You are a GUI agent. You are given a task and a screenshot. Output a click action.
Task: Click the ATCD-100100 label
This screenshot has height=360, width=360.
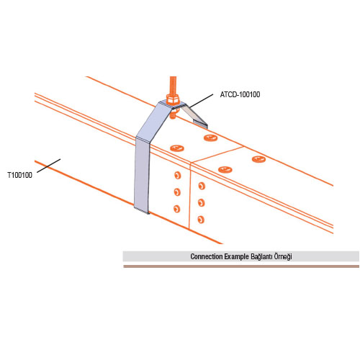coord(240,94)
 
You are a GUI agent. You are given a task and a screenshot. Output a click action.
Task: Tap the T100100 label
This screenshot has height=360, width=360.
coord(20,175)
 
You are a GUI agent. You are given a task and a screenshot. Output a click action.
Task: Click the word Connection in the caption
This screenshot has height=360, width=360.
coord(207,256)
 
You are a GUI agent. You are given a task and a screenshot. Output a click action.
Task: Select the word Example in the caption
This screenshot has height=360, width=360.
coord(237,256)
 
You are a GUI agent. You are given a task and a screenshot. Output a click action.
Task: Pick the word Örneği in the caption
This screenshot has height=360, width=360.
coord(283,256)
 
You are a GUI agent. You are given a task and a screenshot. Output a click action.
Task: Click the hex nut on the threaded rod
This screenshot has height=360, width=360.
coord(173,99)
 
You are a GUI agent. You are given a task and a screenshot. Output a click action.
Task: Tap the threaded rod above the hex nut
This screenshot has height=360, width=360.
coord(173,86)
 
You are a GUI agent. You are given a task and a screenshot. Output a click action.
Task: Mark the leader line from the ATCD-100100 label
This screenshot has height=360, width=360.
coord(199,101)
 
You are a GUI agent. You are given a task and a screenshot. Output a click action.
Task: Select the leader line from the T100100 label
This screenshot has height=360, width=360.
coord(49,166)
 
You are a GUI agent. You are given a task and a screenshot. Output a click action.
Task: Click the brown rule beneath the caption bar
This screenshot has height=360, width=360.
coord(241,266)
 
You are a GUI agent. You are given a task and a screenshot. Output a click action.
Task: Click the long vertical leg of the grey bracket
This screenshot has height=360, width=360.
coord(142,175)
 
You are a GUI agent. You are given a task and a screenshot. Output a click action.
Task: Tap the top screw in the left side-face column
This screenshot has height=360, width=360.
coord(177,176)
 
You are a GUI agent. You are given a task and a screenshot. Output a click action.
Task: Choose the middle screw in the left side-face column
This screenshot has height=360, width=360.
coord(177,192)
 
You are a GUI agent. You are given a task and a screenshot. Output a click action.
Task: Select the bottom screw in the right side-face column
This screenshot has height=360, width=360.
coord(201,220)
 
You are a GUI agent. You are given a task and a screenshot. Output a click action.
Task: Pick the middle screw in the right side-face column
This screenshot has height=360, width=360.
coord(201,203)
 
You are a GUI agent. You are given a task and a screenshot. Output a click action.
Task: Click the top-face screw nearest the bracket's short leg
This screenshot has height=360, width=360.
coord(210,138)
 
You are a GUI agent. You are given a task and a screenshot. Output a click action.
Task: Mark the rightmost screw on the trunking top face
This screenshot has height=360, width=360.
coord(258,159)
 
